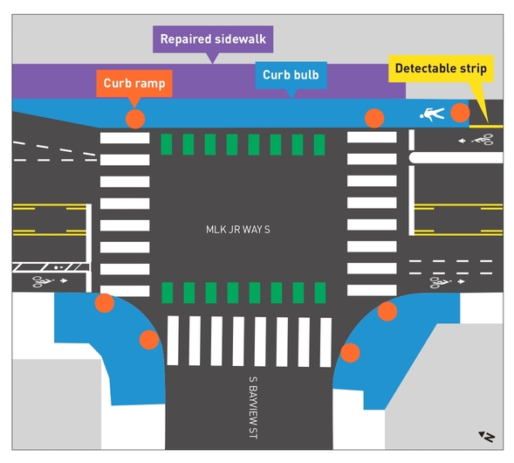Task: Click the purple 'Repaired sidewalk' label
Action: click(x=214, y=39)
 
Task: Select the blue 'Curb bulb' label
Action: click(x=294, y=75)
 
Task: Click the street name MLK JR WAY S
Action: click(x=238, y=230)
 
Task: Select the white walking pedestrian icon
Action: click(x=432, y=114)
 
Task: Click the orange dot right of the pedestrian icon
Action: click(x=460, y=112)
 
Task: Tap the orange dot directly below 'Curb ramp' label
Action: click(x=134, y=119)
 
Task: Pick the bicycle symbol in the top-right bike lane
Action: click(x=479, y=139)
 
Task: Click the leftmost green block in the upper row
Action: click(x=168, y=144)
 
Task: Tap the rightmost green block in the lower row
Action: click(x=320, y=293)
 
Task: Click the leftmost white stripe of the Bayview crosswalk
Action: click(x=173, y=341)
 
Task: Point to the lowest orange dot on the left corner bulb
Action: click(x=149, y=339)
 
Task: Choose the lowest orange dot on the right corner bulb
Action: click(x=350, y=353)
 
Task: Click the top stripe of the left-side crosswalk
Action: click(x=125, y=137)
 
